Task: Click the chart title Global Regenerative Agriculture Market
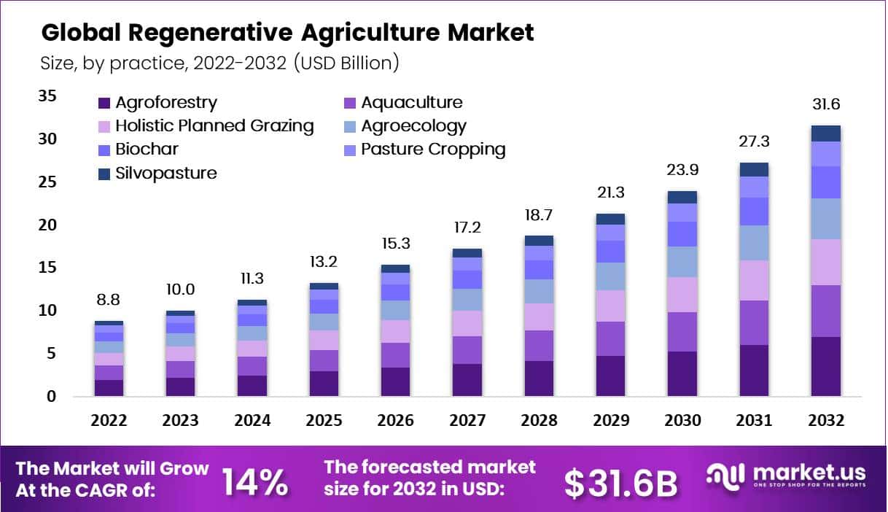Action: pyautogui.click(x=287, y=33)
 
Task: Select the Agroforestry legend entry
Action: pyautogui.click(x=157, y=103)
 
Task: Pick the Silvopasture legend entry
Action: pyautogui.click(x=157, y=173)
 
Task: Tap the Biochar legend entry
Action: pyautogui.click(x=139, y=150)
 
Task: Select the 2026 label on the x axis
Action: pyautogui.click(x=396, y=421)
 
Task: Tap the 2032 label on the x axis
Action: pyautogui.click(x=825, y=421)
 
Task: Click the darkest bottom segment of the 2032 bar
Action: pyautogui.click(x=825, y=367)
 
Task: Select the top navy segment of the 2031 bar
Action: pyautogui.click(x=754, y=169)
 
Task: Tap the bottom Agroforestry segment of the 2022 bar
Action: pyautogui.click(x=109, y=388)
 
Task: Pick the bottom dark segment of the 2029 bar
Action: pyautogui.click(x=610, y=376)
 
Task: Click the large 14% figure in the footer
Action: pyautogui.click(x=254, y=482)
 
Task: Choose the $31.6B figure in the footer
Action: pyautogui.click(x=621, y=483)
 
